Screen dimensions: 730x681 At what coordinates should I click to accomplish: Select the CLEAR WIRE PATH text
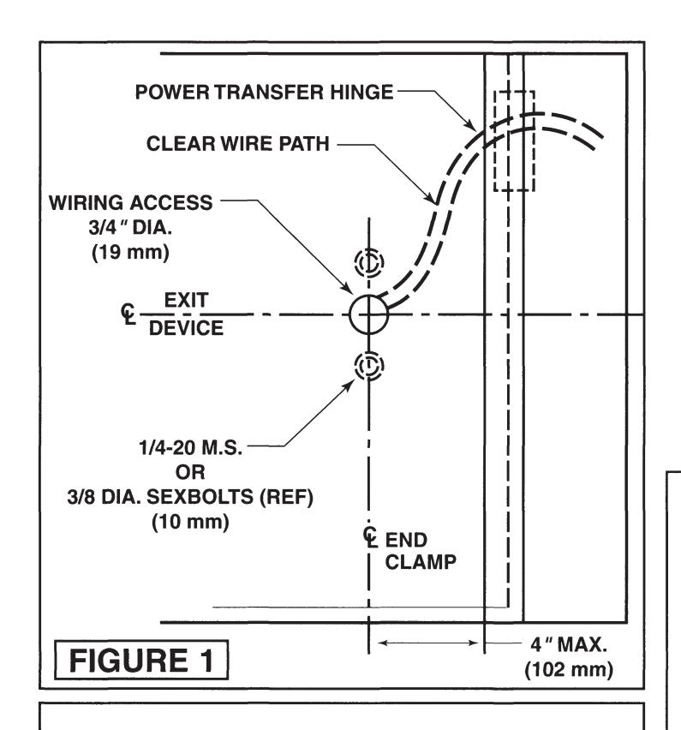238,146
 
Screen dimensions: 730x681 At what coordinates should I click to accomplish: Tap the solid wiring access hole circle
369,314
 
